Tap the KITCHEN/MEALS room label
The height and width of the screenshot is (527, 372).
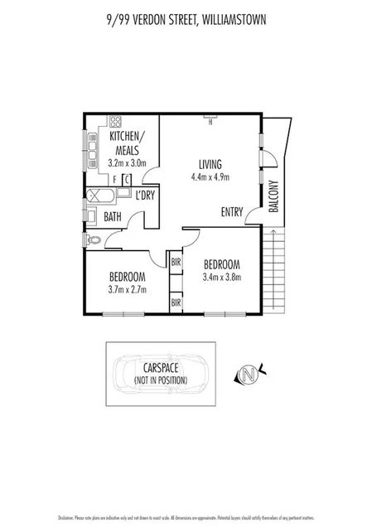[125, 143]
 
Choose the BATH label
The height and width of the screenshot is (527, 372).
[113, 217]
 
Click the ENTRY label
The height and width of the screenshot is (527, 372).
[232, 211]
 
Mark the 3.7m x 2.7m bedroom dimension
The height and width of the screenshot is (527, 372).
[126, 289]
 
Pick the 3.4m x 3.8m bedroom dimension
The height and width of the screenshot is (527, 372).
[221, 277]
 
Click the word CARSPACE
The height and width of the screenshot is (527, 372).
[161, 369]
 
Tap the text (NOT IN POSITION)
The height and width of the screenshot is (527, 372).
[161, 380]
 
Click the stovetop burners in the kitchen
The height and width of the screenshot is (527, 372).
[90, 147]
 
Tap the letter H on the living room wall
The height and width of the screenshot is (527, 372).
[211, 125]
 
